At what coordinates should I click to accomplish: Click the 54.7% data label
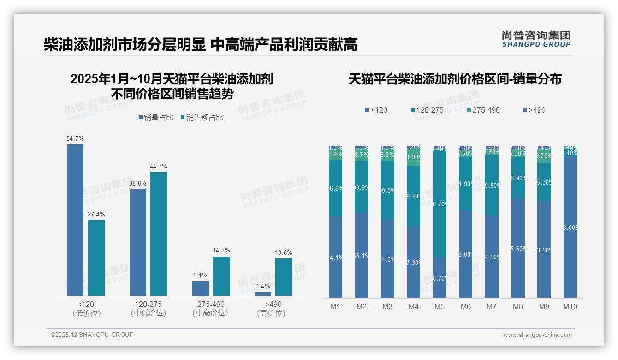pyautogui.click(x=75, y=138)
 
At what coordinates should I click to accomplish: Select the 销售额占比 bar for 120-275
pyautogui.click(x=159, y=234)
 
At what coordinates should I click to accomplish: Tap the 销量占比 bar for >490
pyautogui.click(x=263, y=294)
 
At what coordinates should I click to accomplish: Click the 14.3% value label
pyautogui.click(x=221, y=250)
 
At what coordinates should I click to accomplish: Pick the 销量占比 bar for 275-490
pyautogui.click(x=200, y=288)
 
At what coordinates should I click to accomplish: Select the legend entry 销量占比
pyautogui.click(x=156, y=118)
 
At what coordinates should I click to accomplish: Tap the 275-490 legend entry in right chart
pyautogui.click(x=483, y=110)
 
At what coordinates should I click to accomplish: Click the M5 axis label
pyautogui.click(x=439, y=306)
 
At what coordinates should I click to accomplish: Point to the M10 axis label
pyautogui.click(x=570, y=306)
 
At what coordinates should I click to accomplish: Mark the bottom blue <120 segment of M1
pyautogui.click(x=335, y=257)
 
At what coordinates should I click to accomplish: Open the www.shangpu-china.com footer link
pyautogui.click(x=537, y=335)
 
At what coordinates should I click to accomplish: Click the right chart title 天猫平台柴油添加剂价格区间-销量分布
pyautogui.click(x=455, y=79)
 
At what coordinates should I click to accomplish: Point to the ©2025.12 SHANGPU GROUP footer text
pyautogui.click(x=92, y=335)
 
